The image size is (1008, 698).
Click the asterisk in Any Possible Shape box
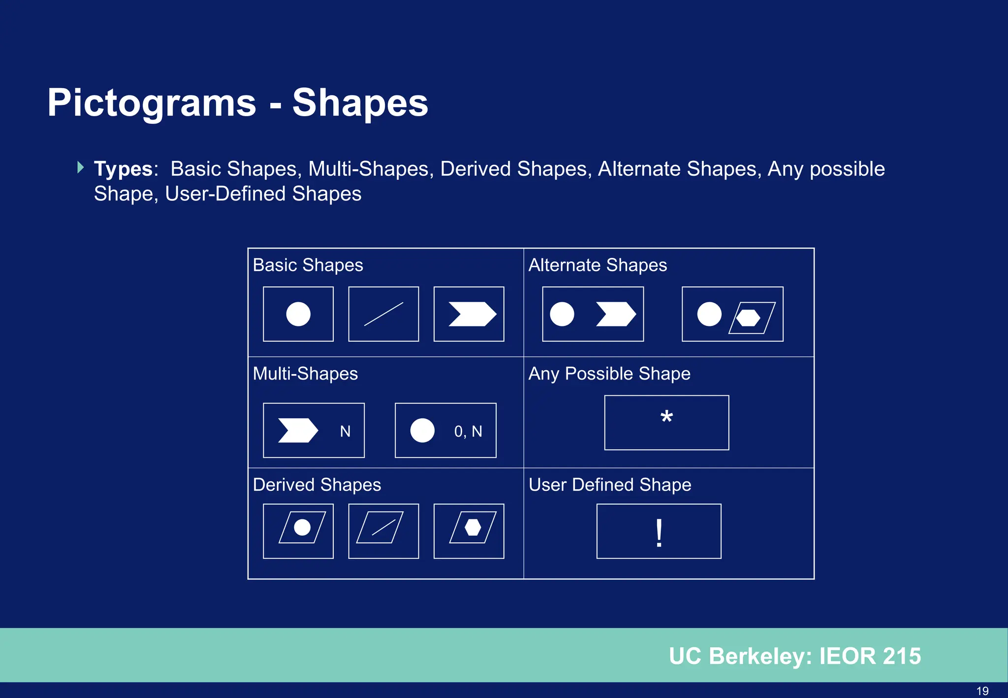pyautogui.click(x=666, y=417)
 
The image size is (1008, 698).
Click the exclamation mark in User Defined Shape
pyautogui.click(x=659, y=533)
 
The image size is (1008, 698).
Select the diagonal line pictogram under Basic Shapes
pyautogui.click(x=383, y=314)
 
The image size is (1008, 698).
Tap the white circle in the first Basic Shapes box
pyautogui.click(x=298, y=314)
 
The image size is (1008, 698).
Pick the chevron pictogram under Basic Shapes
pyautogui.click(x=472, y=314)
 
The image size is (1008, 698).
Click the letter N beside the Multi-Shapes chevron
pyautogui.click(x=345, y=431)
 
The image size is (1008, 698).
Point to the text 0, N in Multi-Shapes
pyautogui.click(x=468, y=431)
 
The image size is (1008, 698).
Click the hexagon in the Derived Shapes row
pyautogui.click(x=472, y=527)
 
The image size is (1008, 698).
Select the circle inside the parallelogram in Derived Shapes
pyautogui.click(x=302, y=527)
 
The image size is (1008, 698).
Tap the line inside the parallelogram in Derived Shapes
pyautogui.click(x=384, y=527)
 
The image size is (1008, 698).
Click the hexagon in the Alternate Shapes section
pyautogui.click(x=749, y=317)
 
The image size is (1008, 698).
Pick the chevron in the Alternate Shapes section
pyautogui.click(x=615, y=314)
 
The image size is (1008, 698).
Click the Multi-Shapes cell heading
pyautogui.click(x=305, y=374)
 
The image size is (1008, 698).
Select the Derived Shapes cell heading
pyautogui.click(x=316, y=485)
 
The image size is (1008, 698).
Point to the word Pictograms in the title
pyautogui.click(x=152, y=103)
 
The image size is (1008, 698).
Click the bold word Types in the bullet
pyautogui.click(x=123, y=169)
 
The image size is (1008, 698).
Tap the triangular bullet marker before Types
pyautogui.click(x=81, y=167)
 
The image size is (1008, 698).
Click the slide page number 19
pyautogui.click(x=982, y=691)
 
